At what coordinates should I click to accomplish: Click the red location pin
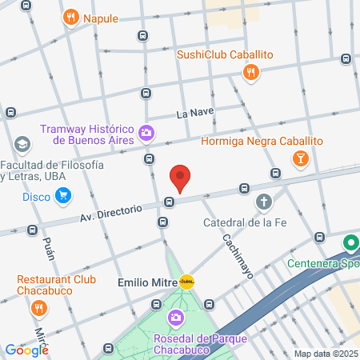180,178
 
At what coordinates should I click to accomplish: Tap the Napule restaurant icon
72,18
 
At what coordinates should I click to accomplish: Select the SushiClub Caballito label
225,54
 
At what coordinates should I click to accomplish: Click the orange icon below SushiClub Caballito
251,73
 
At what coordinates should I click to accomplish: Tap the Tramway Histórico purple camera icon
146,133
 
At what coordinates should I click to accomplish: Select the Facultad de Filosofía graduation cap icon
22,145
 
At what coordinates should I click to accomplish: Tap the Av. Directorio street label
110,213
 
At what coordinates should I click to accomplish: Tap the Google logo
26,350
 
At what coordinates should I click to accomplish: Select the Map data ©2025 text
326,354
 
